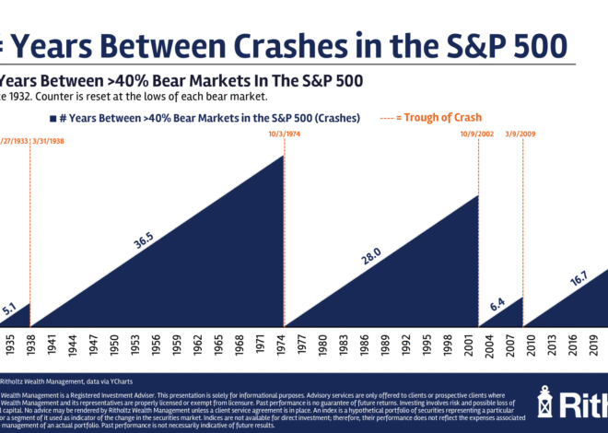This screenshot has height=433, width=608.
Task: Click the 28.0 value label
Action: pos(371,257)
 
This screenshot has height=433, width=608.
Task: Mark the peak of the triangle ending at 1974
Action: pos(283,156)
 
